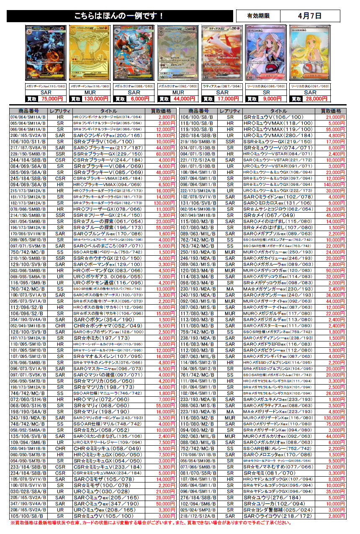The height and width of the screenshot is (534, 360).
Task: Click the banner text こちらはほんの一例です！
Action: (119, 16)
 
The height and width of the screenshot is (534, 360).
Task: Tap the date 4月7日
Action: (310, 16)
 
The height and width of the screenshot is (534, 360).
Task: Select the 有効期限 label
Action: (258, 16)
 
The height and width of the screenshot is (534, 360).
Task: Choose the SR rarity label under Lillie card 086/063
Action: (266, 92)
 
